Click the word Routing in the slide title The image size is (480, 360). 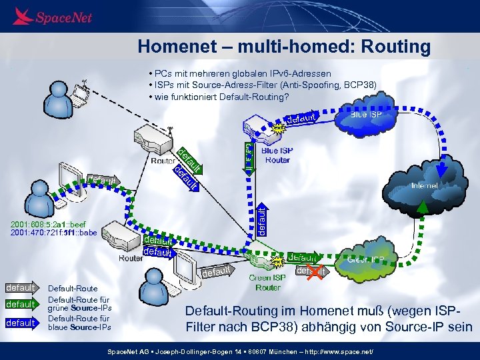pos(393,47)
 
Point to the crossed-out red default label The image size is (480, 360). pos(311,271)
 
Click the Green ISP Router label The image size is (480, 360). pos(267,282)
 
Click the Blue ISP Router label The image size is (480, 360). pos(277,155)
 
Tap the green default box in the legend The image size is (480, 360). pos(21,304)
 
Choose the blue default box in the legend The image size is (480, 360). pos(21,323)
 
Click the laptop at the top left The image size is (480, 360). pos(88,95)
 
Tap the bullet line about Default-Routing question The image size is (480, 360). pos(221,97)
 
